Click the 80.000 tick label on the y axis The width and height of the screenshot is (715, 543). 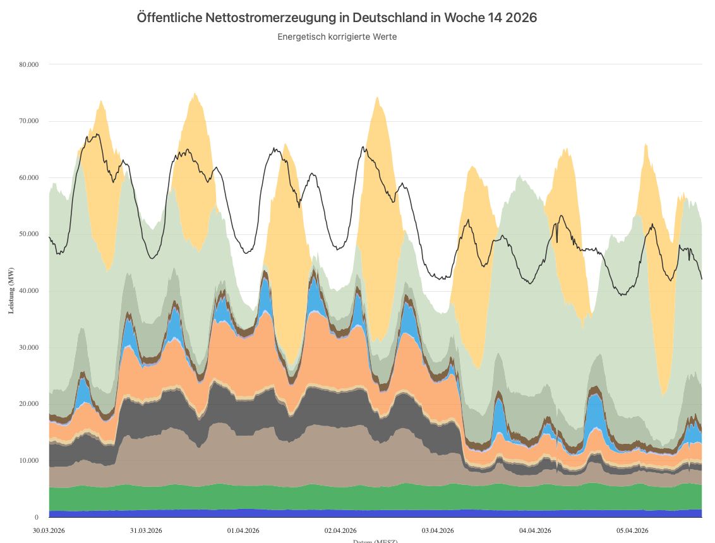point(29,64)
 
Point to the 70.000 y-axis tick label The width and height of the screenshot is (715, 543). point(29,121)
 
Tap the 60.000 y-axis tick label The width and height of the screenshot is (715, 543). point(29,177)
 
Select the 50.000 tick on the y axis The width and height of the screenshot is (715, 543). point(29,234)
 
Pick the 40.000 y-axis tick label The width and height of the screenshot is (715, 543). point(29,290)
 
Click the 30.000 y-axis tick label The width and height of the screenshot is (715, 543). point(29,347)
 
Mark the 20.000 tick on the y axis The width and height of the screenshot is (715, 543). point(29,403)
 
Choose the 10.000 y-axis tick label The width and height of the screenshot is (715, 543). point(29,460)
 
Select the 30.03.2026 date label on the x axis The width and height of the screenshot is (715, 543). point(49,530)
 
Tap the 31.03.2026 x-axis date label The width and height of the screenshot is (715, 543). point(147,530)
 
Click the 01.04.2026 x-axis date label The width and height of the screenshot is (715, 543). point(244,530)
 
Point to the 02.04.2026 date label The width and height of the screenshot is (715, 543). point(341,530)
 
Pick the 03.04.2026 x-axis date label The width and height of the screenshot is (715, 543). point(438,530)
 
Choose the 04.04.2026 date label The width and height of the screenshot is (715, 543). point(536,530)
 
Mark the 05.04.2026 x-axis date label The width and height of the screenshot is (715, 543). point(633,530)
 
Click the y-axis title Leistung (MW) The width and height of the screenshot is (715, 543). point(11,290)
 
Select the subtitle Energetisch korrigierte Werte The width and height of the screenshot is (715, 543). point(337,37)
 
